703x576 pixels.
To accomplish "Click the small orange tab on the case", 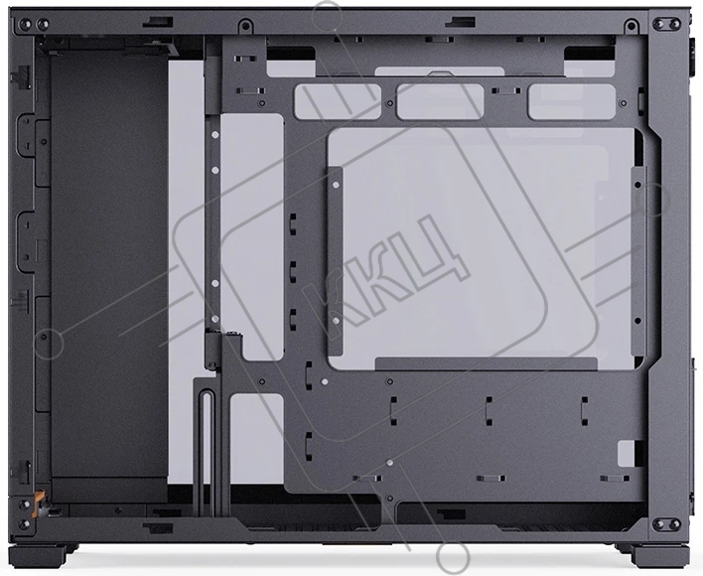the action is tap(40, 497).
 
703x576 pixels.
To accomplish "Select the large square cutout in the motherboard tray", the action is tap(485, 249).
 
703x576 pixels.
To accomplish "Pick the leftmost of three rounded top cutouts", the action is tap(338, 101).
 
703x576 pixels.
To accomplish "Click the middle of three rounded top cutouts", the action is tap(440, 101).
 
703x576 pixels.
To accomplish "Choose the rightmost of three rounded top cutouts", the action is tap(572, 101).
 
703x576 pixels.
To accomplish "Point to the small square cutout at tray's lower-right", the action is tap(626, 453).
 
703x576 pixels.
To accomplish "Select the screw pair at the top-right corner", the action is tap(666, 24).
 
